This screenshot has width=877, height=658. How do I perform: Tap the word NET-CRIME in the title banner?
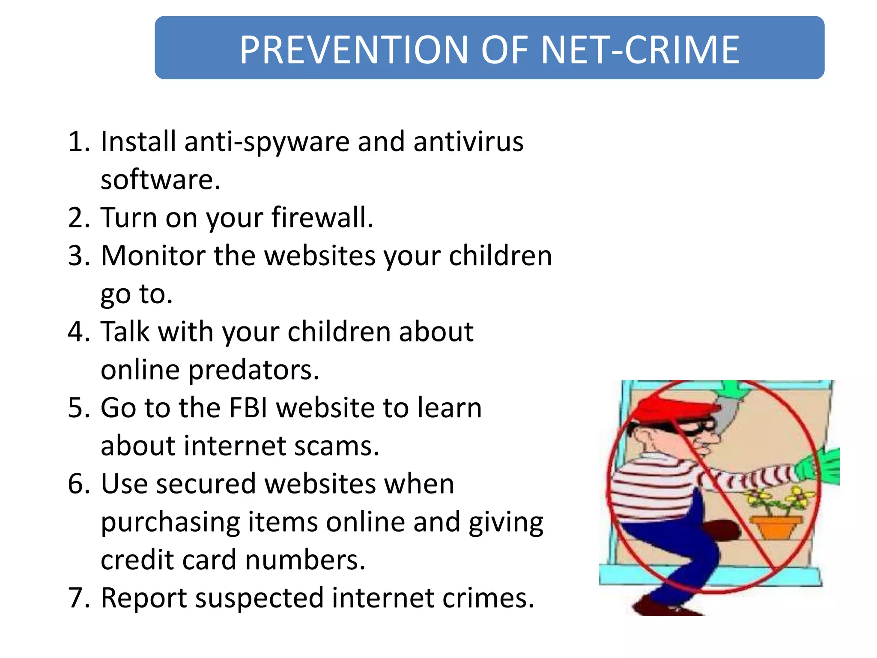pos(640,50)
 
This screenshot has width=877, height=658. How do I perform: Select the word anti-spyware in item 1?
pos(267,142)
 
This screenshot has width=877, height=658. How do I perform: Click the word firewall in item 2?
pos(322,218)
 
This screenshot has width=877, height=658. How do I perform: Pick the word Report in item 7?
pos(144,598)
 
